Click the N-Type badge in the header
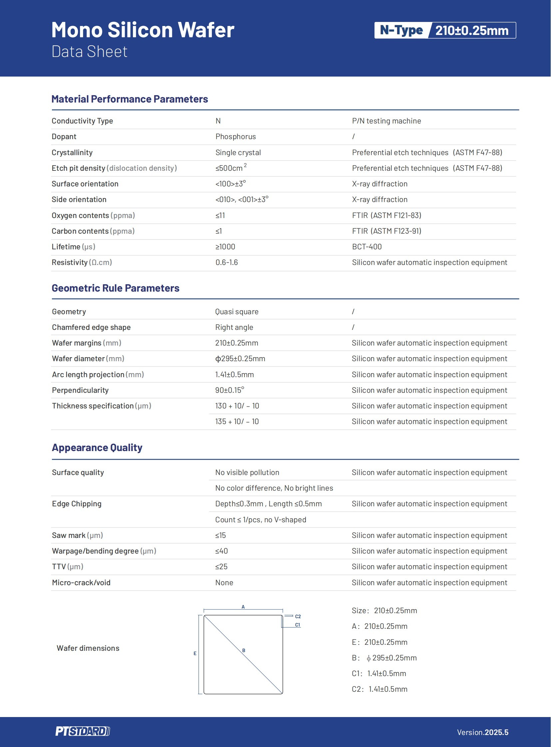pyautogui.click(x=401, y=30)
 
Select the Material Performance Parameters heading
pyautogui.click(x=130, y=99)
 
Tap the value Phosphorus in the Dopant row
pyautogui.click(x=236, y=137)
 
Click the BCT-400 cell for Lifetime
pyautogui.click(x=367, y=247)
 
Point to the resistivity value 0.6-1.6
pyautogui.click(x=227, y=262)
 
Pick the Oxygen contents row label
pyautogui.click(x=93, y=215)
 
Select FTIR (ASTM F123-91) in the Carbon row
pyautogui.click(x=386, y=231)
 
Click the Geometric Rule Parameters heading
pyautogui.click(x=115, y=288)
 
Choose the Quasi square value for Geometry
pyautogui.click(x=237, y=312)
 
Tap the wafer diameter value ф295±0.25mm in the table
pyautogui.click(x=240, y=359)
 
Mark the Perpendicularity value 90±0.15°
pyautogui.click(x=230, y=390)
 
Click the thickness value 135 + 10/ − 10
pyautogui.click(x=237, y=421)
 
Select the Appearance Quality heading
pyautogui.click(x=97, y=447)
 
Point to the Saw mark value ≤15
pyautogui.click(x=221, y=535)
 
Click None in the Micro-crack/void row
pyautogui.click(x=224, y=582)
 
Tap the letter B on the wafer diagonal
pyautogui.click(x=244, y=650)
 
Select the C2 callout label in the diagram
pyautogui.click(x=298, y=616)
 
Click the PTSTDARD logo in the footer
pyautogui.click(x=82, y=731)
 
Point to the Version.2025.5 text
pyautogui.click(x=483, y=732)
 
